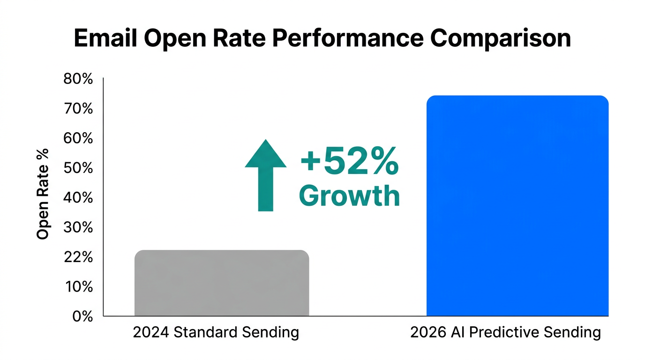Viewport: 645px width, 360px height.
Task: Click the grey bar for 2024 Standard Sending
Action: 221,283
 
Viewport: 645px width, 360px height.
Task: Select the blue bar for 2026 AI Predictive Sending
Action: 517,206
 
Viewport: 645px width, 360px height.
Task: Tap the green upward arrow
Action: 265,175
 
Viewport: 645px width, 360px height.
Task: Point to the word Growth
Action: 349,196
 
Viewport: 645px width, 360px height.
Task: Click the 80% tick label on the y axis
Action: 78,79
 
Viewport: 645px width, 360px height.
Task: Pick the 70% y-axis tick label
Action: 78,109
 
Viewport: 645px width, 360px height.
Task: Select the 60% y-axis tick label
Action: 78,138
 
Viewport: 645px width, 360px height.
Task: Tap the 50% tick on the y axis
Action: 78,168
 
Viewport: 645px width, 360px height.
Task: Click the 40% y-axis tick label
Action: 78,198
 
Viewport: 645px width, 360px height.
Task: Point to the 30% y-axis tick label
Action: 78,227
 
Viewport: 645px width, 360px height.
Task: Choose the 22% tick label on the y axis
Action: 78,257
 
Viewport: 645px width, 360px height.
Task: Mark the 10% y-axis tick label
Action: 78,286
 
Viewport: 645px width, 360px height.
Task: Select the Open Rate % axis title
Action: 43,194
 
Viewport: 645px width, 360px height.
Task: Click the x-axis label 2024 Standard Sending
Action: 216,332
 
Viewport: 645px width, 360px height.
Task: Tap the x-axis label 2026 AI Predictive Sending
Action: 505,332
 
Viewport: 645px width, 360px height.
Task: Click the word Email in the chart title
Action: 105,38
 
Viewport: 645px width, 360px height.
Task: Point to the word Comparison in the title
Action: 501,38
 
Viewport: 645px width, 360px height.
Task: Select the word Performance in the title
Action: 349,38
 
